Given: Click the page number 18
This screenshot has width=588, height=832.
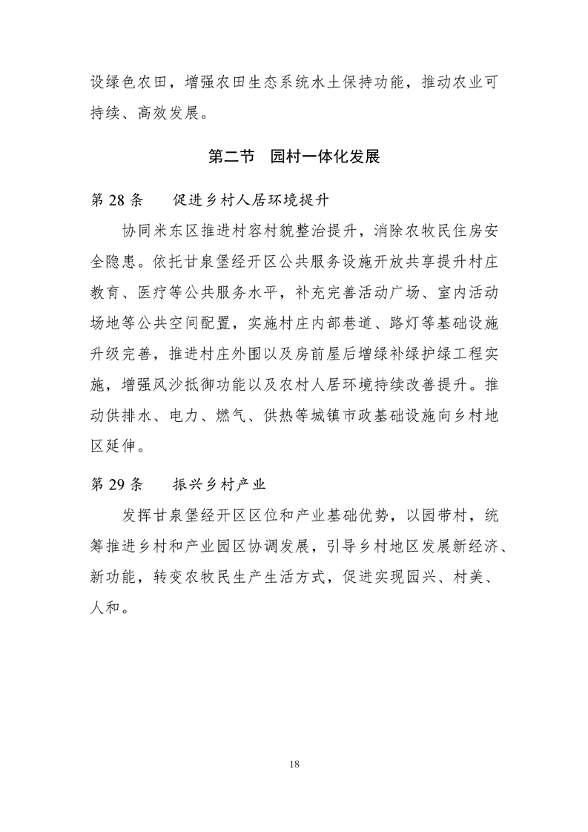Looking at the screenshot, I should tap(294, 764).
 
